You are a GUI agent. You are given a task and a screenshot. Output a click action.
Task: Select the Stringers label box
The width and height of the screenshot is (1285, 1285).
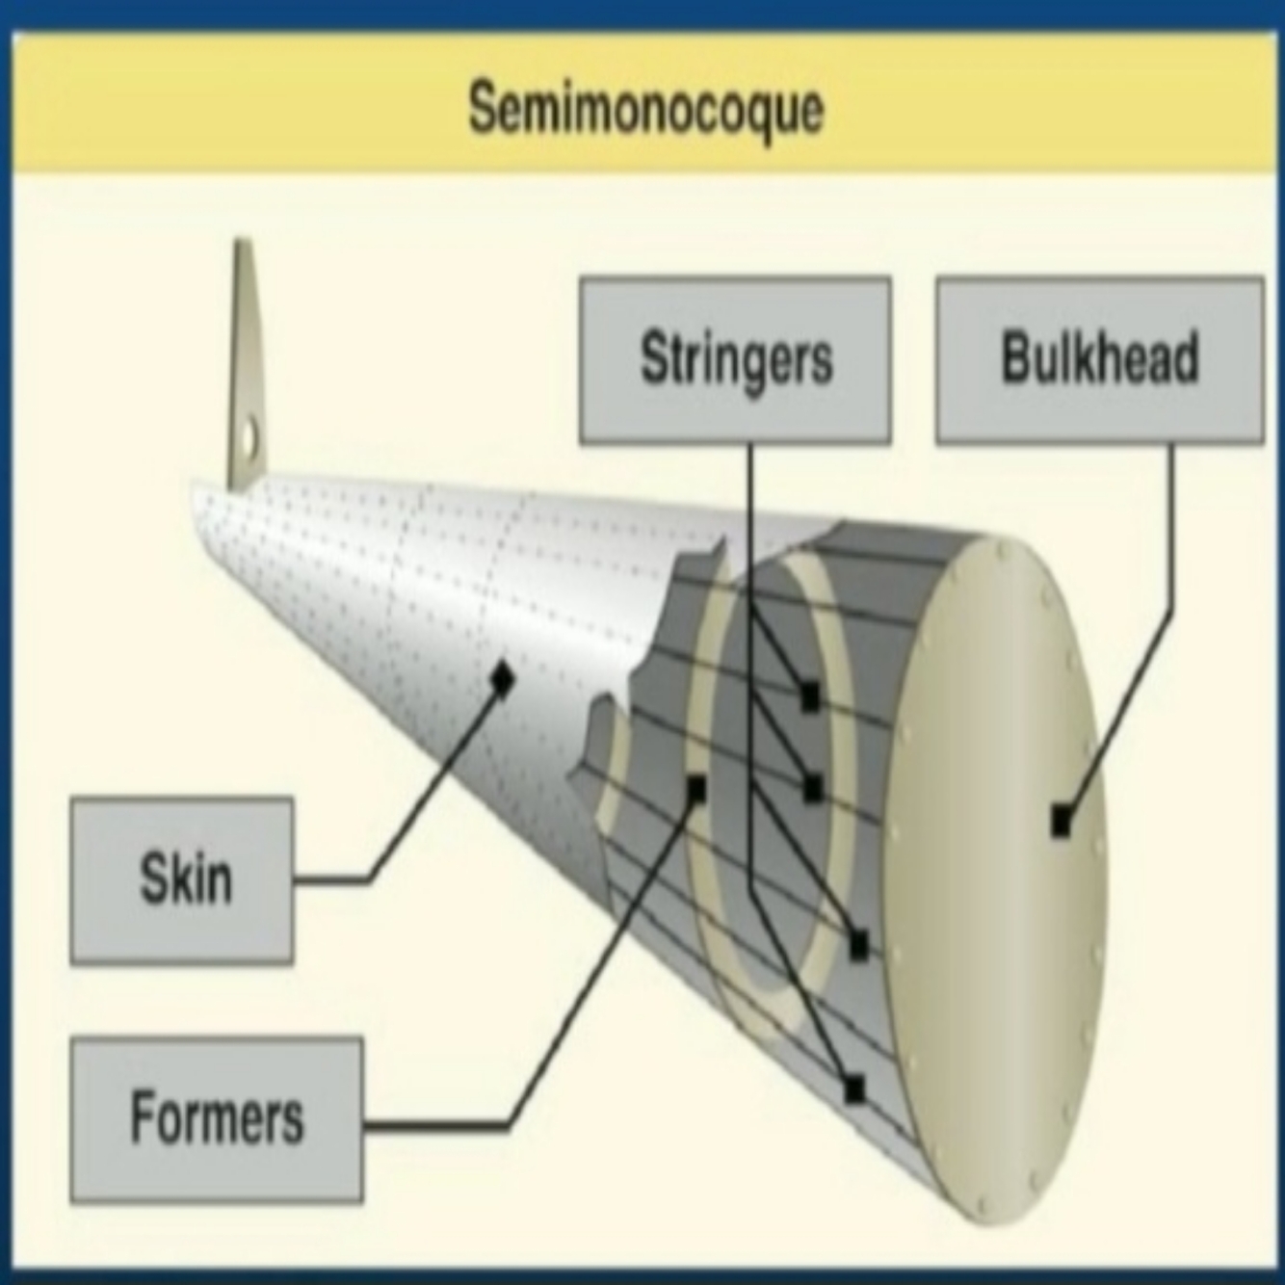[735, 359]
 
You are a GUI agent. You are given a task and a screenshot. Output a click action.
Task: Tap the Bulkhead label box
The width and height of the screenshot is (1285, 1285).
[1099, 359]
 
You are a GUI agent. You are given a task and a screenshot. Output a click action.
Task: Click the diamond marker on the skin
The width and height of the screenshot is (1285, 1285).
[501, 678]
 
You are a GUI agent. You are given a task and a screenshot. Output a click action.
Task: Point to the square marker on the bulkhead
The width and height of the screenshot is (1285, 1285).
[1061, 822]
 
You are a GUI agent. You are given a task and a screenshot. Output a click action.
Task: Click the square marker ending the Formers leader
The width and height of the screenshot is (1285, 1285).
[695, 790]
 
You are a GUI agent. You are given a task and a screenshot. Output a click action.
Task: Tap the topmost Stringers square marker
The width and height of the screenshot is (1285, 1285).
[810, 695]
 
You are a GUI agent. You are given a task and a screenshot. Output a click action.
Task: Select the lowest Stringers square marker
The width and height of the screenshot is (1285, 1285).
[853, 1089]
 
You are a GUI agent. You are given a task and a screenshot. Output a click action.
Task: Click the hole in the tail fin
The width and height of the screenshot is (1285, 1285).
[249, 435]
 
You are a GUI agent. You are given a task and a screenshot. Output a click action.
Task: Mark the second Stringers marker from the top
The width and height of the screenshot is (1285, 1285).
[813, 789]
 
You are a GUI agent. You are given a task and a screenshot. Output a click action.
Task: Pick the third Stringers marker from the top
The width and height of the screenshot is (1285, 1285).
[858, 946]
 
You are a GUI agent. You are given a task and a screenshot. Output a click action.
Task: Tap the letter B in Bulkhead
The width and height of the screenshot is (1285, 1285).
[1016, 358]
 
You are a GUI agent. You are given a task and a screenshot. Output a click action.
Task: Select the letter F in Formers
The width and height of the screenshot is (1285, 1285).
[142, 1117]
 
